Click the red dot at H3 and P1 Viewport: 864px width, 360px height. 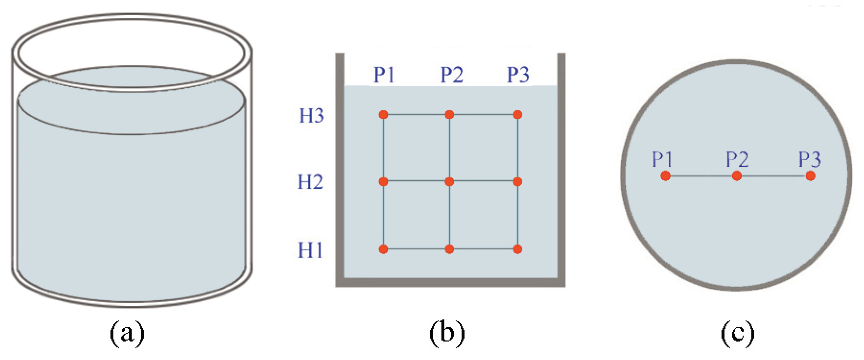tap(383, 115)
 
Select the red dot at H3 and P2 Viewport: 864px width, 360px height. tap(449, 115)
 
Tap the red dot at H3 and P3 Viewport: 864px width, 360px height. tap(518, 115)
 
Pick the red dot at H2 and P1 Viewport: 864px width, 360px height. tap(383, 182)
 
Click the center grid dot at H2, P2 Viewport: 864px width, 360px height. tap(449, 182)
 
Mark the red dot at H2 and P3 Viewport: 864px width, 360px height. tap(518, 182)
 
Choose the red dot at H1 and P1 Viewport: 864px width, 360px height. tap(383, 249)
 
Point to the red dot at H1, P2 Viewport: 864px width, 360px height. tap(449, 249)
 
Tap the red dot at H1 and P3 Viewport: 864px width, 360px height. tap(518, 249)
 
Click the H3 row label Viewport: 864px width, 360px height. tap(311, 116)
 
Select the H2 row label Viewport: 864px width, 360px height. tap(310, 182)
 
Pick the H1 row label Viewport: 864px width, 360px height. tap(310, 251)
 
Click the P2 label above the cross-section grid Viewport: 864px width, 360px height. tap(452, 75)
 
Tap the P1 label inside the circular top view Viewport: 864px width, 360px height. tap(662, 159)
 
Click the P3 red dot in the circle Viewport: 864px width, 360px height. tap(811, 176)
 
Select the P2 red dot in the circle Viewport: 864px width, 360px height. tap(737, 176)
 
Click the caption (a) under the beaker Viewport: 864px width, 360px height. tap(127, 334)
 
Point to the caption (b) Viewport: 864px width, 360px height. tap(447, 334)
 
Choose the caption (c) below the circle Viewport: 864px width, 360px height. tap(738, 334)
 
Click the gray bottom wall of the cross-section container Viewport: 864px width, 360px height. tap(451, 282)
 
